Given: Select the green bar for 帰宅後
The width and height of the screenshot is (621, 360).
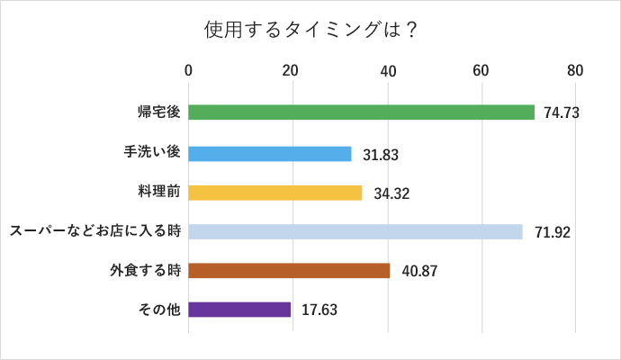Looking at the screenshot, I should [361, 112].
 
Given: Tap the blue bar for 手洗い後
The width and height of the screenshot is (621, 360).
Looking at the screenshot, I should [270, 154].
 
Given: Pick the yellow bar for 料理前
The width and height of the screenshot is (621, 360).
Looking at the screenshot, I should [275, 193].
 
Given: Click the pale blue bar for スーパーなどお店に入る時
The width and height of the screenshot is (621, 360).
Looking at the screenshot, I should [355, 231].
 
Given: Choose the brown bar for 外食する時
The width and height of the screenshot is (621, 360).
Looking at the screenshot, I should [289, 270].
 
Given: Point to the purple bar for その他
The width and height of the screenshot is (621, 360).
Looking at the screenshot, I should [239, 310].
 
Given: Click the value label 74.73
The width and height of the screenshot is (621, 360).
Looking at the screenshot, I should [561, 112].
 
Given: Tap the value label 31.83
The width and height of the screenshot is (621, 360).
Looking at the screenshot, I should [381, 155].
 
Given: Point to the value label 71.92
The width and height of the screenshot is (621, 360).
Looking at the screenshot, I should [551, 232].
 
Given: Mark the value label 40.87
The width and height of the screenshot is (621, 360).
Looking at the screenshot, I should [418, 271].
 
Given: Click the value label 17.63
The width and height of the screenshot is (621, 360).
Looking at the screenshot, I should [319, 310].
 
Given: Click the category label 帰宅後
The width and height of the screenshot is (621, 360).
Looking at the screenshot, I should [159, 112].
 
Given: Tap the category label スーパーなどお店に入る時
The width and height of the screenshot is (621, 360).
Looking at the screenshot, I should [94, 231].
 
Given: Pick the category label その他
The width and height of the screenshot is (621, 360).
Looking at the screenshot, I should [159, 310].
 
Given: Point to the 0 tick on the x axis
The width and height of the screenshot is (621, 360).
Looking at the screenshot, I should [188, 71].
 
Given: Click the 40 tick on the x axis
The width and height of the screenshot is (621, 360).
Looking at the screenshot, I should [388, 71].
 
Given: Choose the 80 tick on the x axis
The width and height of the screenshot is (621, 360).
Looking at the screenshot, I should [575, 71].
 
